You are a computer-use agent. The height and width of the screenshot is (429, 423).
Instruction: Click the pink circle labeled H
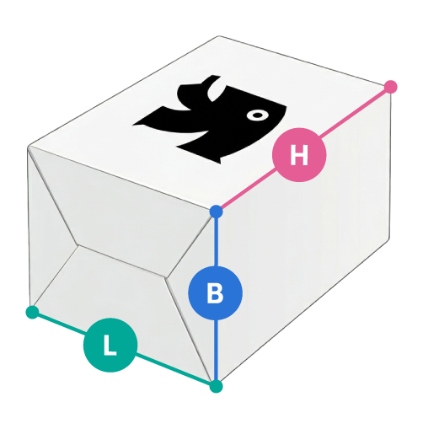[x=299, y=155]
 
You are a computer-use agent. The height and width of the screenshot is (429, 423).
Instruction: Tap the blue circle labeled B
[x=215, y=293]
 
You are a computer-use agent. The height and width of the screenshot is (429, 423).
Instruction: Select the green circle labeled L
[x=110, y=345]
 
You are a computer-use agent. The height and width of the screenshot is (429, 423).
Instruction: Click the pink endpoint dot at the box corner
[x=390, y=87]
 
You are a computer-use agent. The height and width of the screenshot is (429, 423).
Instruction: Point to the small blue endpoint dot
[x=216, y=212]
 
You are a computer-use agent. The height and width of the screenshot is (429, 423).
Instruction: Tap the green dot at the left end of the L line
[x=32, y=312]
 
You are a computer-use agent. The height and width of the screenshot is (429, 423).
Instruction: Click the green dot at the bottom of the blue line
[x=216, y=386]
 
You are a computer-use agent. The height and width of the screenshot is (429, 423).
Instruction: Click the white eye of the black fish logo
[x=257, y=115]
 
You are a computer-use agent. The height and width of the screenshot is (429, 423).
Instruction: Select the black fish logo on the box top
[x=210, y=120]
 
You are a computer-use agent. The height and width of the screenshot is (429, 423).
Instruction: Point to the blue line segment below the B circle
[x=216, y=350]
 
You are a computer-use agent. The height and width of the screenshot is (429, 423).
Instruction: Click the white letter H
[x=299, y=155]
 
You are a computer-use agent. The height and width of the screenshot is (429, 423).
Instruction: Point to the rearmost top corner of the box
[x=219, y=36]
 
